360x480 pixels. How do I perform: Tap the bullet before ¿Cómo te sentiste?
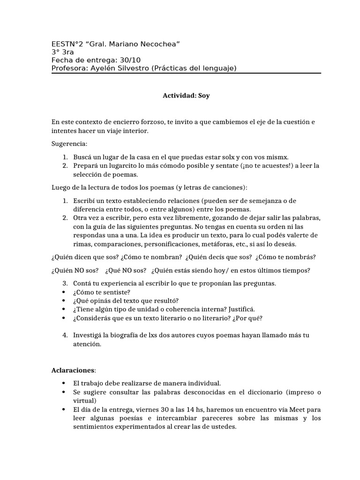coord(63,292)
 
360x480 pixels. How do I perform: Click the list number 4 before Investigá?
coord(65,336)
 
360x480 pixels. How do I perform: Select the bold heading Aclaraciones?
coord(72,370)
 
